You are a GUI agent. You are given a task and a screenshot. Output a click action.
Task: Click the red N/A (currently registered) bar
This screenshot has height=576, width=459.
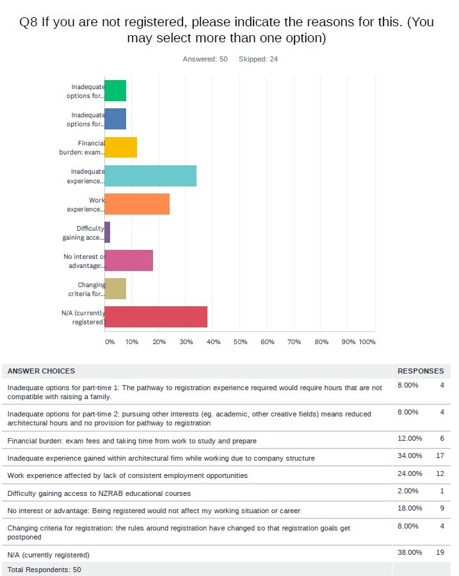click(x=156, y=317)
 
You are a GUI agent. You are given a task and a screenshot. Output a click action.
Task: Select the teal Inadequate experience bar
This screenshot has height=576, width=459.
click(x=150, y=176)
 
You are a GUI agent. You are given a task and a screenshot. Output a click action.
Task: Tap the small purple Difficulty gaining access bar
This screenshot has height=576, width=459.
click(x=107, y=232)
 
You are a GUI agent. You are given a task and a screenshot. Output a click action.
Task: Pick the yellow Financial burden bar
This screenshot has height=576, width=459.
click(x=121, y=147)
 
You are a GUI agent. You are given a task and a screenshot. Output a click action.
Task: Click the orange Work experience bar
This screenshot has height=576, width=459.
click(x=137, y=204)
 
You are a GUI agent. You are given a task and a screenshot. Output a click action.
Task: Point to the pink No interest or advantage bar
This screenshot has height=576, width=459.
click(x=129, y=260)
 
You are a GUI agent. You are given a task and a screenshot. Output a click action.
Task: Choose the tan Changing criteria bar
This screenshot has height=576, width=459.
click(x=115, y=288)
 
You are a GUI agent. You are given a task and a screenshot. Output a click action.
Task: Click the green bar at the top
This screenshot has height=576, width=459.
click(x=115, y=91)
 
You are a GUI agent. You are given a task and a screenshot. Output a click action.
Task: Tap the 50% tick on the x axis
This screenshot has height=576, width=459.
click(x=240, y=341)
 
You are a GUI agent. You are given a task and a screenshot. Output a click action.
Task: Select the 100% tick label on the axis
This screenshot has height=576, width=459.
click(x=367, y=341)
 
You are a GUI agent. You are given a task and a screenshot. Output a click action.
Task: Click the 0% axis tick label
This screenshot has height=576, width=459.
click(x=109, y=341)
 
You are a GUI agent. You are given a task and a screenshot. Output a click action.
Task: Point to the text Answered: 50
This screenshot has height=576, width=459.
click(x=205, y=59)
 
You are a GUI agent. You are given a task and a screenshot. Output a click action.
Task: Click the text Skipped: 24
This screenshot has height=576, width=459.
click(x=258, y=59)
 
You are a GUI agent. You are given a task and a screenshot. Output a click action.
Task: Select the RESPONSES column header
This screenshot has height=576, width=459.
click(x=421, y=371)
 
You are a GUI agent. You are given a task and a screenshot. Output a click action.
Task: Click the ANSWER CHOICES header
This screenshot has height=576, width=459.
click(x=41, y=371)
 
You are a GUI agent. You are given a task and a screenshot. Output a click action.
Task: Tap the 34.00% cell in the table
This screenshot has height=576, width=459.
click(x=410, y=456)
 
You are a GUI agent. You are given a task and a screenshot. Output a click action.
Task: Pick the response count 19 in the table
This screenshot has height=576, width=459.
click(x=440, y=552)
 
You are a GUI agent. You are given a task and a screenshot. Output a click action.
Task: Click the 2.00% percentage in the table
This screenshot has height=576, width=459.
click(x=408, y=491)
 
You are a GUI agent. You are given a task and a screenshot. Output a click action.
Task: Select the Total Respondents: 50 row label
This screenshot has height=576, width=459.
click(x=44, y=570)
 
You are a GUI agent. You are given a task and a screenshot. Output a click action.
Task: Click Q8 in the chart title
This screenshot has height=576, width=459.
click(x=28, y=22)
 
